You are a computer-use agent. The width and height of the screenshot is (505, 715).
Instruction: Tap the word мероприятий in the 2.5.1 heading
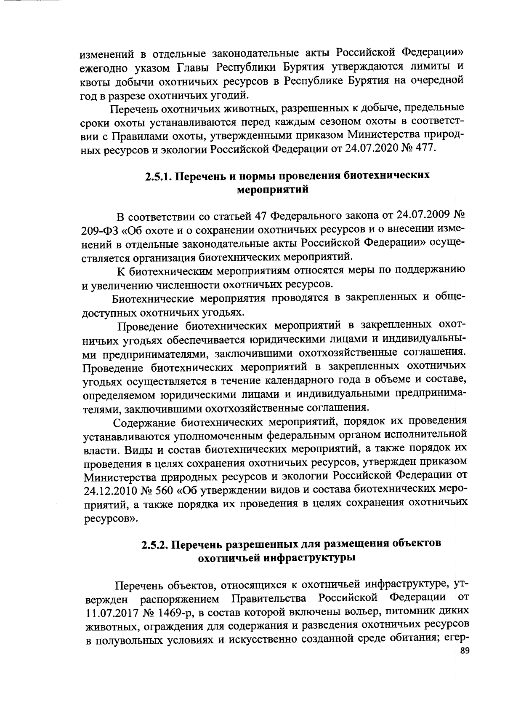[x=274, y=190]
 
